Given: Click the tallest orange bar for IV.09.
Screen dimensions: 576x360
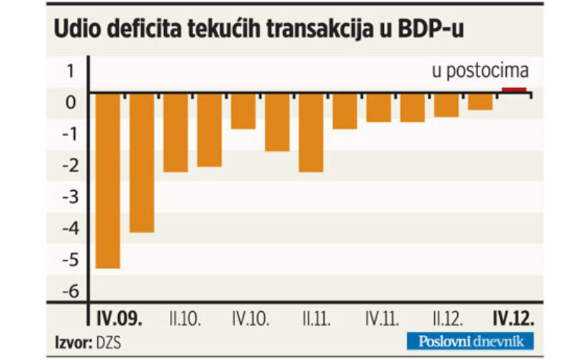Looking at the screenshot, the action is [x=107, y=181].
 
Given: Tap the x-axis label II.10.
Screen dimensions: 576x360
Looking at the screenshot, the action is [x=185, y=319].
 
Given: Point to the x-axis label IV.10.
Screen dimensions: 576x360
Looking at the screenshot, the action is [x=251, y=319].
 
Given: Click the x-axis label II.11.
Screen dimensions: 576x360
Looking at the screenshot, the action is [x=316, y=319].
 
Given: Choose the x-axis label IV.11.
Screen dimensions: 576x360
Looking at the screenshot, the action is [x=382, y=319].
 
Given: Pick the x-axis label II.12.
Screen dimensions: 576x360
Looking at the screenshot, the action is [x=448, y=319].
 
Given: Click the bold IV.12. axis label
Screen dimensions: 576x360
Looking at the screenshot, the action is [x=513, y=318].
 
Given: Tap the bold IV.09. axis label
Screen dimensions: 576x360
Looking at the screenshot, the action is [x=119, y=318].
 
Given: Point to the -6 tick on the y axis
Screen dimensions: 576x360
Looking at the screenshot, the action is [x=71, y=292].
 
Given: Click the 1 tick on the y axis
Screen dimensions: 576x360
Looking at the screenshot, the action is [x=71, y=71].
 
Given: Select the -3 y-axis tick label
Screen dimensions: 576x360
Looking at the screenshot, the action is [x=71, y=197].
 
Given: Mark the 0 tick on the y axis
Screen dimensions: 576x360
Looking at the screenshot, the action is [x=71, y=102].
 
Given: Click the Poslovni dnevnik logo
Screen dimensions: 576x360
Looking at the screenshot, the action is [x=470, y=341].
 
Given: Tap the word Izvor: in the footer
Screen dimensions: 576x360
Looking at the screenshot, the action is [x=73, y=343].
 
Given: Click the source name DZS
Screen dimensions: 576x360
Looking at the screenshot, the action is [x=109, y=343].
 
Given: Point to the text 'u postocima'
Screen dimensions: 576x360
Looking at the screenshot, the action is [x=480, y=71].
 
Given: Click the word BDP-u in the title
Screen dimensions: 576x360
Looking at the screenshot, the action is [x=431, y=29].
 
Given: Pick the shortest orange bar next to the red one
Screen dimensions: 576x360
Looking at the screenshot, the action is [x=480, y=102].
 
